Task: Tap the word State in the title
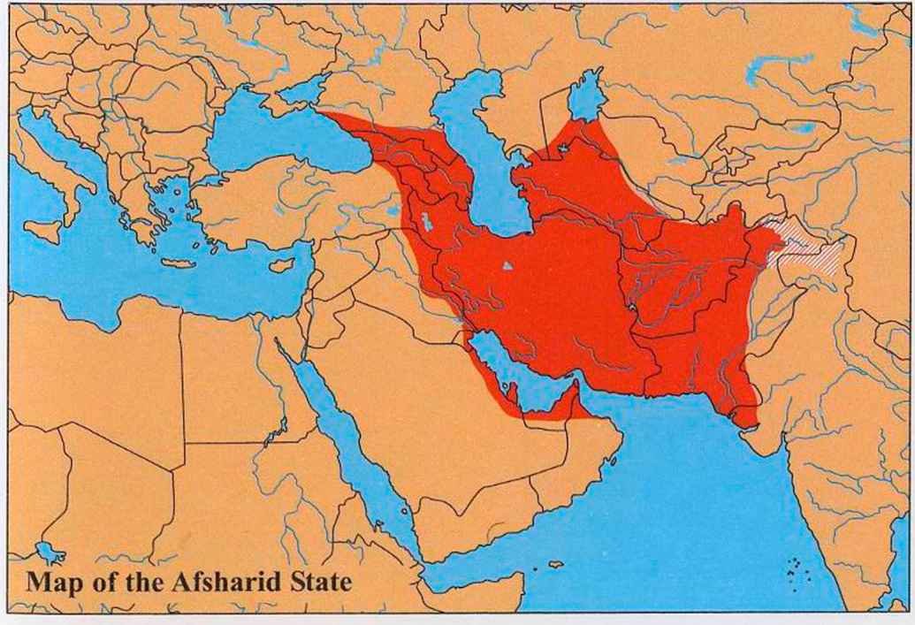(324, 583)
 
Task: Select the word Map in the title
(52, 583)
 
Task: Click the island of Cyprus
(281, 264)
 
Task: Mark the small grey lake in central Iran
(507, 264)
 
